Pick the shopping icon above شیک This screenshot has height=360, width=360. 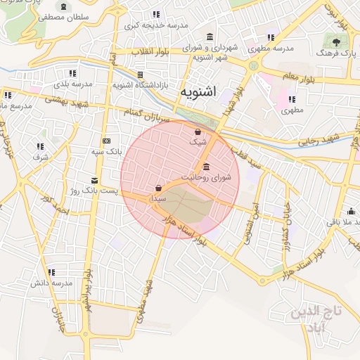click(x=198, y=131)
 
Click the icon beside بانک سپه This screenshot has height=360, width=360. click(x=106, y=140)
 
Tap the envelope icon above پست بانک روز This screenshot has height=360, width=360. click(x=95, y=180)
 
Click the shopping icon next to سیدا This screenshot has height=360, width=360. click(x=158, y=188)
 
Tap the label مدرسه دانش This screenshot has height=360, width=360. click(x=51, y=283)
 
